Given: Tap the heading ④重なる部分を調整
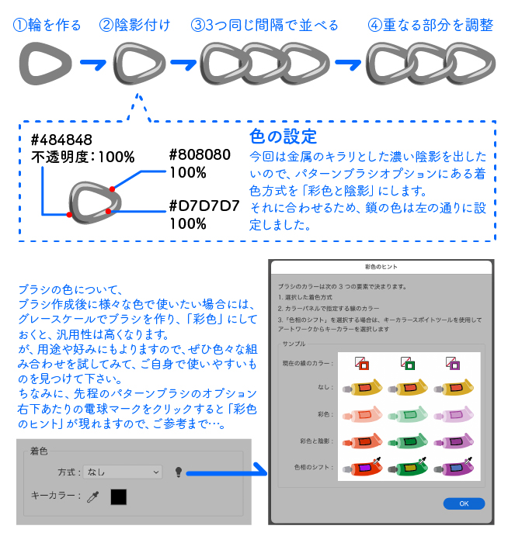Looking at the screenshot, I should pyautogui.click(x=431, y=25).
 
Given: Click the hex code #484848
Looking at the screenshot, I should pyautogui.click(x=61, y=140).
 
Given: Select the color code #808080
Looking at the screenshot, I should pyautogui.click(x=199, y=154).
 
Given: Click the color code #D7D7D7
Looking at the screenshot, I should pyautogui.click(x=204, y=206).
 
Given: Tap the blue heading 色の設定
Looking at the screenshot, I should pyautogui.click(x=283, y=137).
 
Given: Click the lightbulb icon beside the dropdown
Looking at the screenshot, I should pyautogui.click(x=179, y=472).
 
